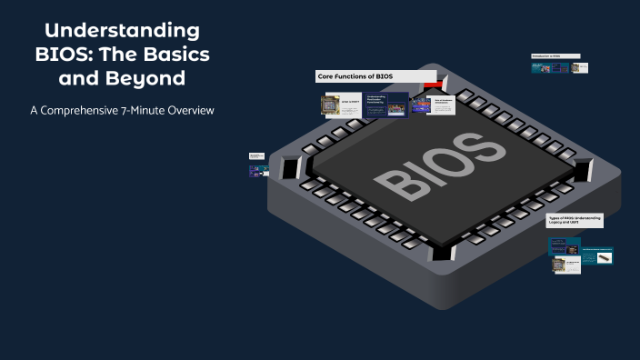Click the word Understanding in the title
tap(121, 31)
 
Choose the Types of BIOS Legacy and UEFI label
tap(575, 221)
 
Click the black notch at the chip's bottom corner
tap(442, 252)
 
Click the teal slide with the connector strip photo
tap(596, 256)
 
